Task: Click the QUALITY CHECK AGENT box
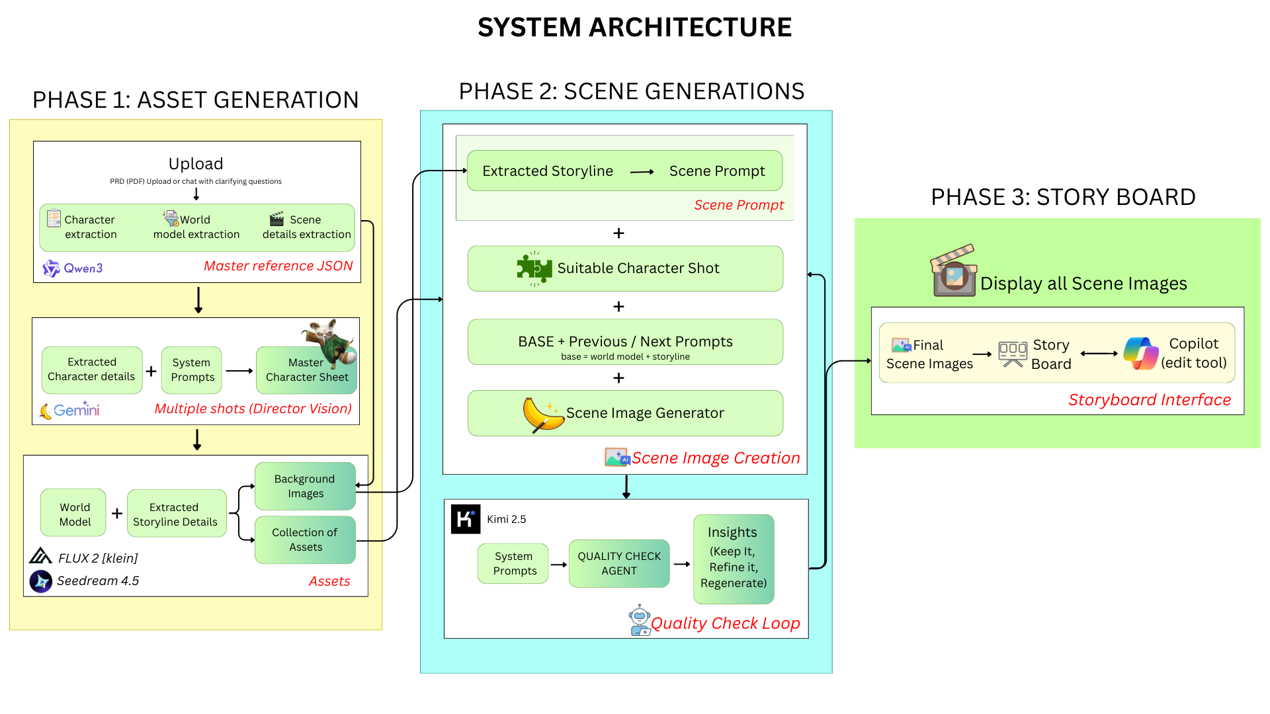(x=619, y=563)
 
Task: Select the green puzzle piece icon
(x=534, y=268)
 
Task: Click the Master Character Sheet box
(x=307, y=370)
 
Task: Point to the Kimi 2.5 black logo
(x=466, y=519)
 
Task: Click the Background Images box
(x=305, y=486)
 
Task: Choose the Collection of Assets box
(x=305, y=539)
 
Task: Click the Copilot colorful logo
(x=1141, y=353)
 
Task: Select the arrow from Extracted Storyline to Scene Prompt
(x=642, y=172)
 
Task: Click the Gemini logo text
(x=77, y=410)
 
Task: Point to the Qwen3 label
(x=83, y=268)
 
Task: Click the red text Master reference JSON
(x=278, y=266)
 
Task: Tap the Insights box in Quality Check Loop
(x=734, y=559)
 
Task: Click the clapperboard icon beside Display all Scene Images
(x=954, y=270)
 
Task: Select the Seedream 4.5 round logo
(x=41, y=581)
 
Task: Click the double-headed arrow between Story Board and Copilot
(x=1099, y=354)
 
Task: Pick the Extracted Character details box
(x=92, y=370)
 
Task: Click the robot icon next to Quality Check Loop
(x=640, y=620)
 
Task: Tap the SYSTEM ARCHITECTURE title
(x=635, y=28)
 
